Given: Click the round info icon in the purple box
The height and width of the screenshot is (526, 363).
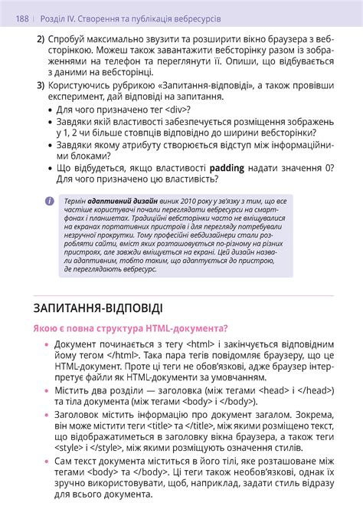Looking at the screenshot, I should click(50, 201).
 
